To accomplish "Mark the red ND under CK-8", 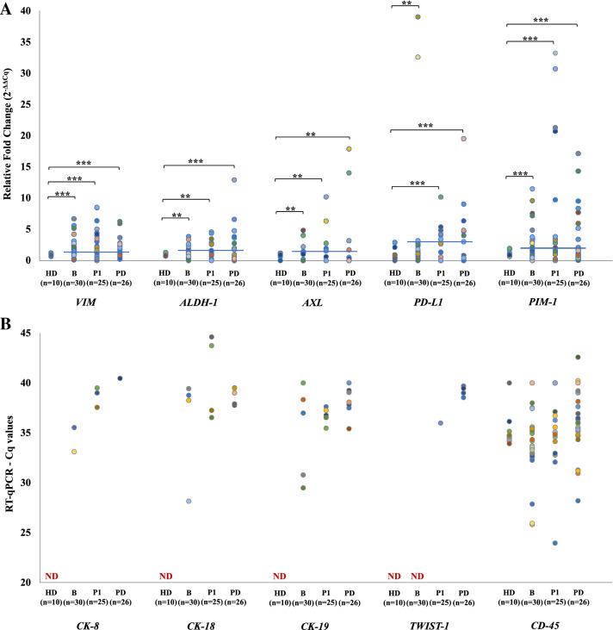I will pyautogui.click(x=51, y=576).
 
